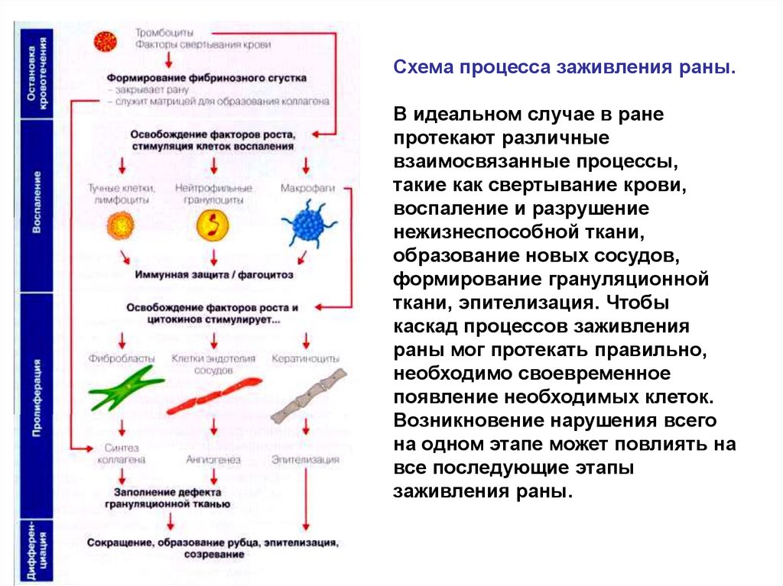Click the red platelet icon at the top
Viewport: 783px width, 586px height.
105,41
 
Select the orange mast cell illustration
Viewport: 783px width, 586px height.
121,225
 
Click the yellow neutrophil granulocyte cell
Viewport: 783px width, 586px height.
213,225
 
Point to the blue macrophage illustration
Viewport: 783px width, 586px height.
308,224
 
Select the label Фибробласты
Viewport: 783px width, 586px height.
122,358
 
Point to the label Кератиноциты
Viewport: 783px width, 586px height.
306,358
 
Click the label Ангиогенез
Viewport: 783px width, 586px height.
213,460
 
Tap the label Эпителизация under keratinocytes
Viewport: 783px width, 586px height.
306,460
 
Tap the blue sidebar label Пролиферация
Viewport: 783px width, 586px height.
37,397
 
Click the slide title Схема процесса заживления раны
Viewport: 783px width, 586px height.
564,69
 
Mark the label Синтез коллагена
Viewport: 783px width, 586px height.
121,454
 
